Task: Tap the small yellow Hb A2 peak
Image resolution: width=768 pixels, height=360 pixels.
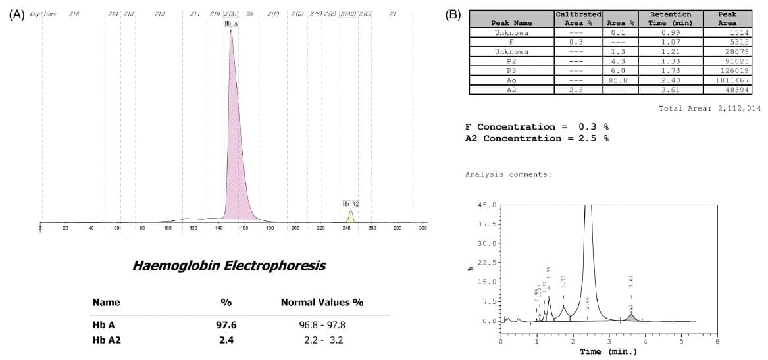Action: pos(351,217)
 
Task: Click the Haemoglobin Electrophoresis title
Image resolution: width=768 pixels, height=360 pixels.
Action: pos(228,266)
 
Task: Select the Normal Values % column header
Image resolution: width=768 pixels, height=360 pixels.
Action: pos(322,303)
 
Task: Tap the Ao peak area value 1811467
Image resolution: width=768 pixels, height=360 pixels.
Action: pos(731,79)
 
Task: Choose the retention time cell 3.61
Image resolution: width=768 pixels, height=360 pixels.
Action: pos(670,89)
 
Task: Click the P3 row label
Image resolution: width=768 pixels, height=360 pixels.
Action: pos(511,70)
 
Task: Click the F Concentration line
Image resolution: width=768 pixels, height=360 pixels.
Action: pos(537,126)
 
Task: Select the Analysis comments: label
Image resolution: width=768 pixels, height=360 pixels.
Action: pos(508,174)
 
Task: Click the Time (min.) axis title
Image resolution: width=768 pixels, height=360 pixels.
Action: pos(608,351)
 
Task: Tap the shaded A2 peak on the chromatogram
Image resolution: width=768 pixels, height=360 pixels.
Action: pos(631,318)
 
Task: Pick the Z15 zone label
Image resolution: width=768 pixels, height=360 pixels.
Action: pos(74,13)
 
